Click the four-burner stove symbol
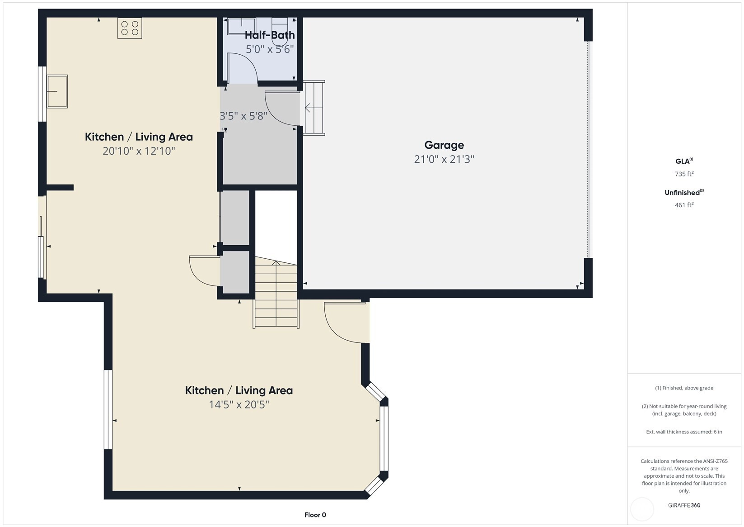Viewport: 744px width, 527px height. (130, 28)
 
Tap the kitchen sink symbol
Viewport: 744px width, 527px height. (57, 91)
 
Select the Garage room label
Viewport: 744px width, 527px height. (444, 145)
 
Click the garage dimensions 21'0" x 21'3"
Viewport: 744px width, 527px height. (444, 159)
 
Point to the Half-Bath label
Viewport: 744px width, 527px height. (270, 35)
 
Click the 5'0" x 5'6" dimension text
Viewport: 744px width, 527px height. (270, 49)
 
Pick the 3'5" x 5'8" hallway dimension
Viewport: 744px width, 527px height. (243, 116)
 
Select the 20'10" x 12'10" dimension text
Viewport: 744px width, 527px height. (139, 151)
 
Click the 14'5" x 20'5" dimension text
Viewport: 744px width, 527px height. (239, 404)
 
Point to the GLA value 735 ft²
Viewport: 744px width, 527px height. (684, 174)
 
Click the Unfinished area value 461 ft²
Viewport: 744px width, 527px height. (684, 205)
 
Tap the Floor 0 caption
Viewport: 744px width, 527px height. (315, 515)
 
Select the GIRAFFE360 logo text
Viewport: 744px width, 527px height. (684, 505)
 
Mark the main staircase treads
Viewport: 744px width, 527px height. (276, 293)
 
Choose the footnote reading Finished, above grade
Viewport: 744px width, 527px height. (684, 388)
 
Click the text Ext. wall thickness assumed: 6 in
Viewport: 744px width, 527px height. (684, 432)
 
